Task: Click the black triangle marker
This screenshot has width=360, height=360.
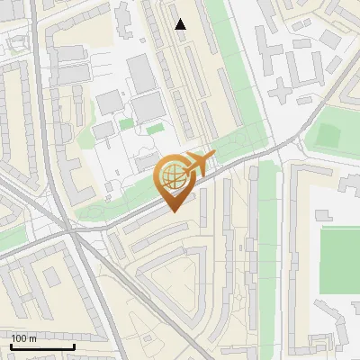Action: click(x=181, y=24)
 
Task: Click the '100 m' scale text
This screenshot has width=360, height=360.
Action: click(x=23, y=338)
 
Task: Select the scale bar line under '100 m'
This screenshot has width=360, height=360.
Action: click(x=42, y=346)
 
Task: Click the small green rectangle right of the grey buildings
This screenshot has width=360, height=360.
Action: click(x=155, y=129)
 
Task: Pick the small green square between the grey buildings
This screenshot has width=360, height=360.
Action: click(x=126, y=122)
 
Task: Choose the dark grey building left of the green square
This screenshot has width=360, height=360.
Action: click(x=109, y=102)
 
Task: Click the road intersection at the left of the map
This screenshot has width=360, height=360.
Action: click(x=67, y=232)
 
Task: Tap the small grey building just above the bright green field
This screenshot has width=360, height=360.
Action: click(x=324, y=215)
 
